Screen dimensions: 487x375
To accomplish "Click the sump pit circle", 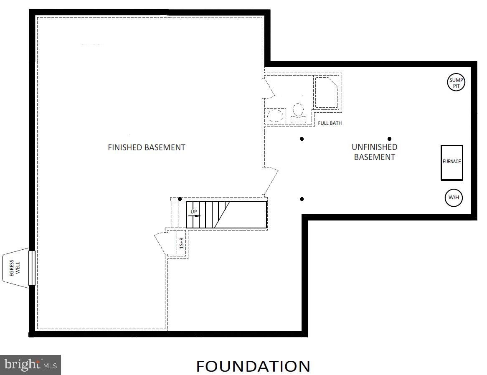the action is point(456,83).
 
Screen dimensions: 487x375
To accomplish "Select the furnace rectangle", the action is point(452,163).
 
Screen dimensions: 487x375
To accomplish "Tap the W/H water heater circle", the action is point(454,198).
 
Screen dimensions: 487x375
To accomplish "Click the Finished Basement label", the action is point(146,147).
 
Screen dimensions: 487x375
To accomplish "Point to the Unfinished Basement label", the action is point(375,152).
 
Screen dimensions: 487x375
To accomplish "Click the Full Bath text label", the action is point(330,123).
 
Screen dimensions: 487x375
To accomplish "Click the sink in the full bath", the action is point(275,116).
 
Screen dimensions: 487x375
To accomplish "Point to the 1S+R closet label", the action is point(182,243).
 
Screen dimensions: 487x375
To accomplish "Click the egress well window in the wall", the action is point(32,268).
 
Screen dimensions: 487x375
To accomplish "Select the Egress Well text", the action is point(15,268).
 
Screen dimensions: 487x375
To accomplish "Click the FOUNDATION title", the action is point(253,366).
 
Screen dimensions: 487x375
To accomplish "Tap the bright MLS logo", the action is point(30,365).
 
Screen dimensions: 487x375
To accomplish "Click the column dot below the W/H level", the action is point(302,199).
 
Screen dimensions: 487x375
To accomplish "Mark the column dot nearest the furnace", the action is point(390,139).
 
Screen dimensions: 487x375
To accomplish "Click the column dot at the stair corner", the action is point(180,199).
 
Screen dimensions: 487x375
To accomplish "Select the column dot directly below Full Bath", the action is point(302,139).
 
